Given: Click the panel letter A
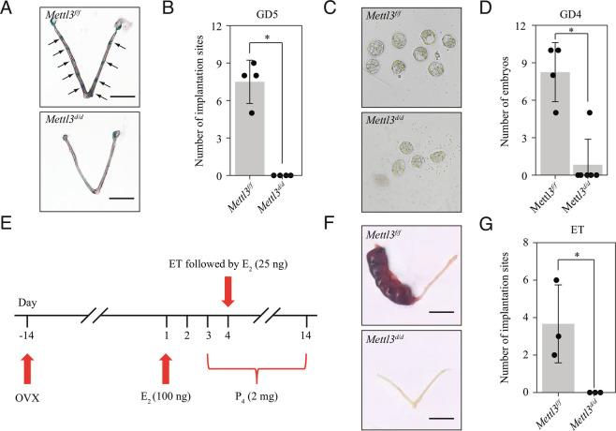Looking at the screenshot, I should click(8, 9).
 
